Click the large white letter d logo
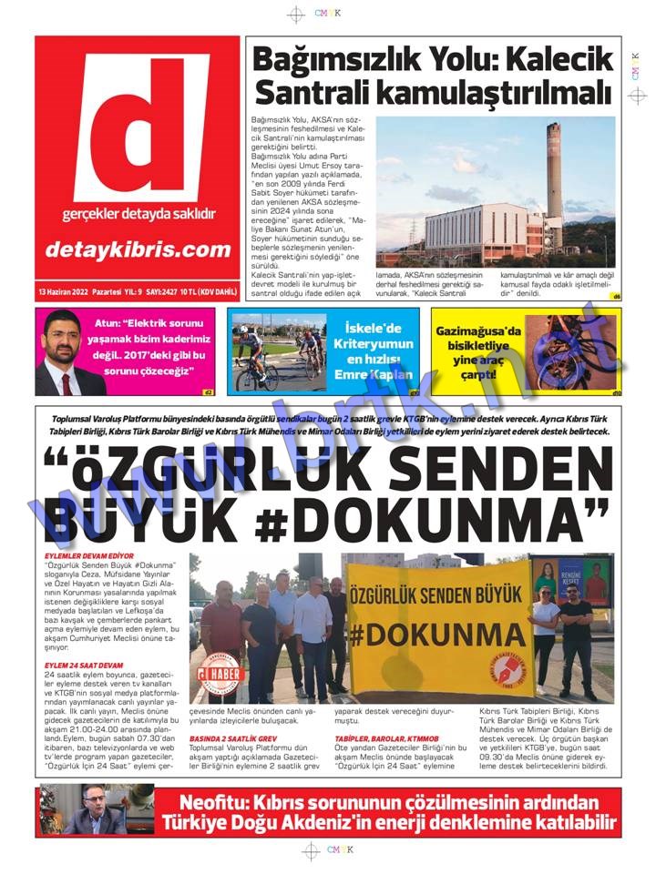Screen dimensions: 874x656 click(138, 128)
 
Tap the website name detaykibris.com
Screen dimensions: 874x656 click(137, 249)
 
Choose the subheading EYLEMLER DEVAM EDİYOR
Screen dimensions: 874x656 click(89, 555)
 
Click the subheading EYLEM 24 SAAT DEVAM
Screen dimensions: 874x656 click(84, 666)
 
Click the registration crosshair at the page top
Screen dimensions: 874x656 click(296, 15)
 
